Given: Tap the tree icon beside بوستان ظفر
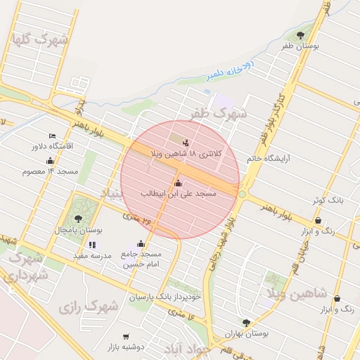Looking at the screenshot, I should tap(301, 34).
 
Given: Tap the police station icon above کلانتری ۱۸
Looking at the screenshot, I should tap(186, 143).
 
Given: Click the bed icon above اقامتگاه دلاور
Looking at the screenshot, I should tap(52, 136).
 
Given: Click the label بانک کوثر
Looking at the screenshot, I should tap(328, 200).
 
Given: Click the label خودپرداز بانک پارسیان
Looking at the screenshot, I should tap(165, 297).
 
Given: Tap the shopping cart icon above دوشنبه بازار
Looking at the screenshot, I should tap(126, 337).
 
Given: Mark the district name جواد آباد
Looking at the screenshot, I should tap(186, 349).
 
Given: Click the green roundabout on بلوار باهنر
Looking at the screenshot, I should tap(243, 193).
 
